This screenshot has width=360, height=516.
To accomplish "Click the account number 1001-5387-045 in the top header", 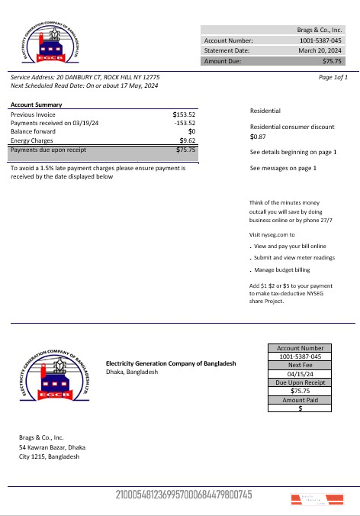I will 320,40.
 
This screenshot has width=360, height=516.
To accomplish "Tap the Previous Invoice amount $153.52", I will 184,114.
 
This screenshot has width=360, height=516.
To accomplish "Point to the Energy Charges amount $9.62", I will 187,140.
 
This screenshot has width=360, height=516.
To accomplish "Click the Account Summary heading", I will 37,104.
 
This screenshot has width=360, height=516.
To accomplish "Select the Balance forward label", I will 31,131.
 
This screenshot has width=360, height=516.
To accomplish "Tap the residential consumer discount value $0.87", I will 258,137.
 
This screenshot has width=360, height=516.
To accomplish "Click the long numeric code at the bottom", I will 183,495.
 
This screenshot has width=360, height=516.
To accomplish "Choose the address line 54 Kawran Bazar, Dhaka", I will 52,447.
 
